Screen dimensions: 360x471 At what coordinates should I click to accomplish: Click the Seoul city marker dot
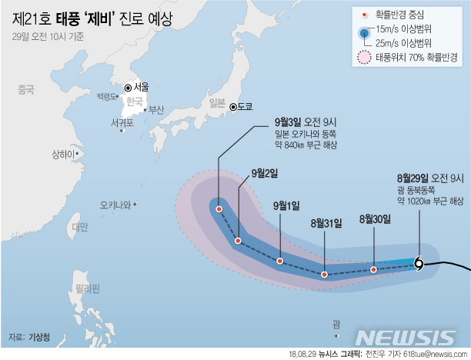(128, 87)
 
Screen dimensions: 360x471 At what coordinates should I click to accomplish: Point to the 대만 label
(79, 227)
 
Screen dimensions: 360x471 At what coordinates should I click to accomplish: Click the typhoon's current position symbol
(418, 264)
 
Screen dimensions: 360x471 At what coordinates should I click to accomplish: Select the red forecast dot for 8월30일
(373, 269)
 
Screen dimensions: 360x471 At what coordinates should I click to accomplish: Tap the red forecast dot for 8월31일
(325, 274)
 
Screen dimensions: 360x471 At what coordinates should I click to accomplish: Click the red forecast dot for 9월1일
(279, 262)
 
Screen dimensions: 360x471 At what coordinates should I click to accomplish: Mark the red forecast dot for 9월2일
(239, 241)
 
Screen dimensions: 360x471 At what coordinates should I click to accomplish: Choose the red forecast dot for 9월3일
(219, 208)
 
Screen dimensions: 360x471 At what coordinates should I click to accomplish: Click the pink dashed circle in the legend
(363, 57)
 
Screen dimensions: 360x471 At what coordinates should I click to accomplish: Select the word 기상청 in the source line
(38, 337)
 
